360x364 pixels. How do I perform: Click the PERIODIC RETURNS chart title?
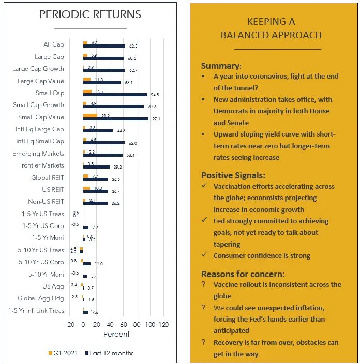tap(90, 14)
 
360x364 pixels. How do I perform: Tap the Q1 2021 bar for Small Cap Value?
tap(89, 115)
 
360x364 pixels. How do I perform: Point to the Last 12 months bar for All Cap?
tap(103, 46)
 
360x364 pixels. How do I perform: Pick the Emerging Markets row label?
tap(38, 154)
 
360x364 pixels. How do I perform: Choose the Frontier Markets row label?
tap(41, 165)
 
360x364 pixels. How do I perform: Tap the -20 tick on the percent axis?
tap(70, 325)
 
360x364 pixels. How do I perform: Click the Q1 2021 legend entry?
tap(64, 353)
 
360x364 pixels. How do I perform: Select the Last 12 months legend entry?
tap(109, 353)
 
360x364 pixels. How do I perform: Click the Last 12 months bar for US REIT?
tap(95, 191)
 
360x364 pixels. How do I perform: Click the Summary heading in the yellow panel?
tap(220, 66)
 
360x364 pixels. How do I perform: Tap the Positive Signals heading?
tap(233, 175)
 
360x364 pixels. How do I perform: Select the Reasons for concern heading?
tap(243, 274)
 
